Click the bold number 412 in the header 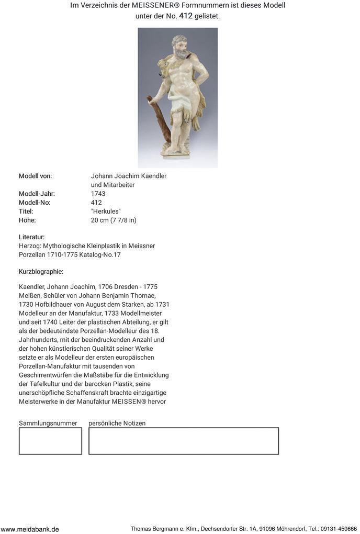click(x=186, y=16)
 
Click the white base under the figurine click(x=175, y=155)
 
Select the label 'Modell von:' click(x=35, y=176)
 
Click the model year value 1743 click(x=98, y=194)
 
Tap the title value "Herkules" click(x=106, y=212)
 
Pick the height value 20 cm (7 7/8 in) click(x=114, y=220)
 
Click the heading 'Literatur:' click(x=31, y=237)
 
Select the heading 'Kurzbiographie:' click(x=41, y=272)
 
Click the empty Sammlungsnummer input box click(x=50, y=441)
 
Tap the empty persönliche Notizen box click(x=183, y=441)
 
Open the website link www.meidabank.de click(x=30, y=529)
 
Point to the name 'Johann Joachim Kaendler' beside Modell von click(x=129, y=176)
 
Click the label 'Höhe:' click(x=27, y=220)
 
